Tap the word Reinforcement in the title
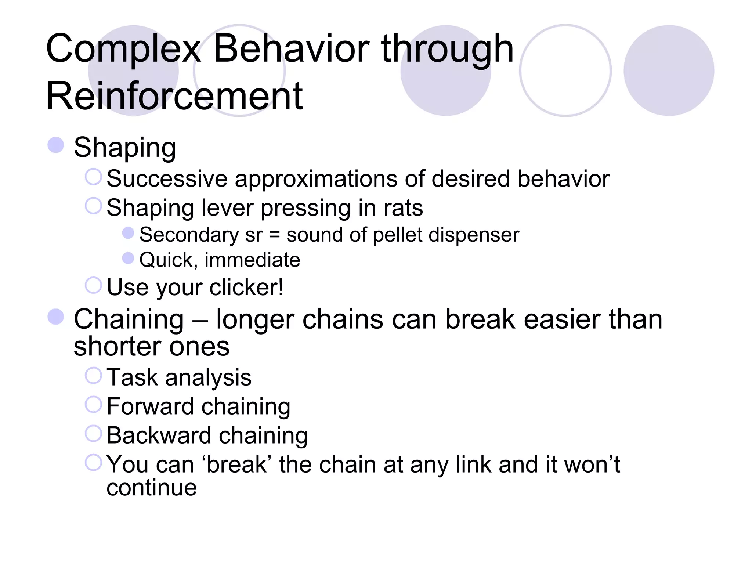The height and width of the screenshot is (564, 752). click(174, 96)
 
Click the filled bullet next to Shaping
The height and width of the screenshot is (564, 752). click(56, 145)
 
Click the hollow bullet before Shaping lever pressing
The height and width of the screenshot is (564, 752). click(93, 206)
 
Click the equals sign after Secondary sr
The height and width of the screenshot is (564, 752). click(274, 235)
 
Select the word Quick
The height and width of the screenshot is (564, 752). click(166, 260)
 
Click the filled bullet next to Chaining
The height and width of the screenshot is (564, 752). click(56, 317)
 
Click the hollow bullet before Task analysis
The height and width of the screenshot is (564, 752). click(93, 376)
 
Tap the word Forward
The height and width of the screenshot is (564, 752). click(150, 406)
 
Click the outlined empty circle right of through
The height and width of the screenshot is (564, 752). click(565, 70)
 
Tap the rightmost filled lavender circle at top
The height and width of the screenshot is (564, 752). click(669, 70)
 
